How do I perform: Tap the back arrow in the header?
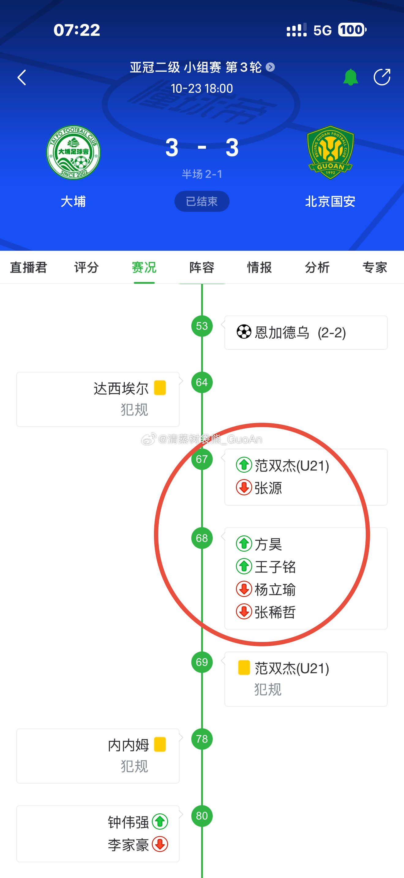pyautogui.click(x=22, y=77)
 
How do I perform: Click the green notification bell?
pyautogui.click(x=350, y=77)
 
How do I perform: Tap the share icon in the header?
pyautogui.click(x=382, y=77)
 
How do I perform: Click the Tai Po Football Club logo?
pyautogui.click(x=73, y=152)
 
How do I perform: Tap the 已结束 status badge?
pyautogui.click(x=202, y=201)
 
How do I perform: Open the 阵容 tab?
pyautogui.click(x=202, y=268)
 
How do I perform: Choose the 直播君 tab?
pyautogui.click(x=28, y=268)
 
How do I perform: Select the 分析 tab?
pyautogui.click(x=317, y=268)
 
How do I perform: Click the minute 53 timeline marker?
pyautogui.click(x=202, y=326)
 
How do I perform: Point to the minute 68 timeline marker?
pyautogui.click(x=202, y=538)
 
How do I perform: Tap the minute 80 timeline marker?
pyautogui.click(x=202, y=816)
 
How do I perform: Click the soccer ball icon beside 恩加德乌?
pyautogui.click(x=244, y=332)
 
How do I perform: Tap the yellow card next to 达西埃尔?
pyautogui.click(x=160, y=388)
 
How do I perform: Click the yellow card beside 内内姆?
pyautogui.click(x=160, y=745)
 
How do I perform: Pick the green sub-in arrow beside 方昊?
pyautogui.click(x=244, y=544)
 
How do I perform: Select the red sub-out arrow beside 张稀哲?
pyautogui.click(x=244, y=612)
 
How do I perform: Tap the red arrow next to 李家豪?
pyautogui.click(x=160, y=845)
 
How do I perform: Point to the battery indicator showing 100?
pyautogui.click(x=352, y=30)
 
